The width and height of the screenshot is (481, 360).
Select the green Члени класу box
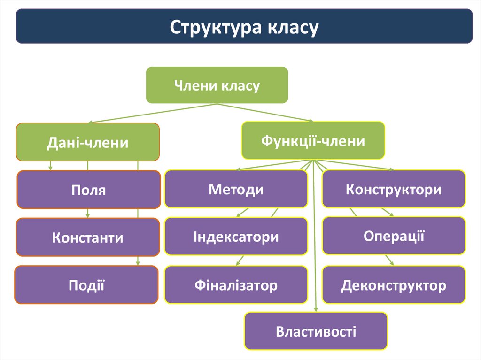pyautogui.click(x=217, y=85)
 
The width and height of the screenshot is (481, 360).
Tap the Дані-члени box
pyautogui.click(x=88, y=142)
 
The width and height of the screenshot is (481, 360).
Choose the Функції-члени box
pyautogui.click(x=313, y=140)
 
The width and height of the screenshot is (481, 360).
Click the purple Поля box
pyautogui.click(x=89, y=190)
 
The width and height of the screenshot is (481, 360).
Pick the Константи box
pyautogui.click(x=88, y=237)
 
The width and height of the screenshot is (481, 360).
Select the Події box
pyautogui.click(x=86, y=284)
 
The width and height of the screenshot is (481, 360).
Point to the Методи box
pyautogui.click(x=236, y=189)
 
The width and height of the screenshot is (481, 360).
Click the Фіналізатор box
pyautogui.click(x=236, y=284)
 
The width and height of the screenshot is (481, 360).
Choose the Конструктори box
pyautogui.click(x=394, y=189)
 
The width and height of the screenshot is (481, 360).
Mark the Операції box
pyautogui.click(x=394, y=236)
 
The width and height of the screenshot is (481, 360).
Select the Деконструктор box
pyautogui.click(x=394, y=284)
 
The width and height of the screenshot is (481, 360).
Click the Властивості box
pyautogui.click(x=316, y=332)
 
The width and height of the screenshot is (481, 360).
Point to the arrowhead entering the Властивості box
pyautogui.click(x=316, y=309)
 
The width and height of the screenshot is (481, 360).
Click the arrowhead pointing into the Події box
pyautogui.click(x=138, y=263)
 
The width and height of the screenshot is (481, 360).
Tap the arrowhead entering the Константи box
pyautogui.click(x=88, y=216)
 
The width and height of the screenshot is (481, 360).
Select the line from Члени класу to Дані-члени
pyautogui.click(x=141, y=113)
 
